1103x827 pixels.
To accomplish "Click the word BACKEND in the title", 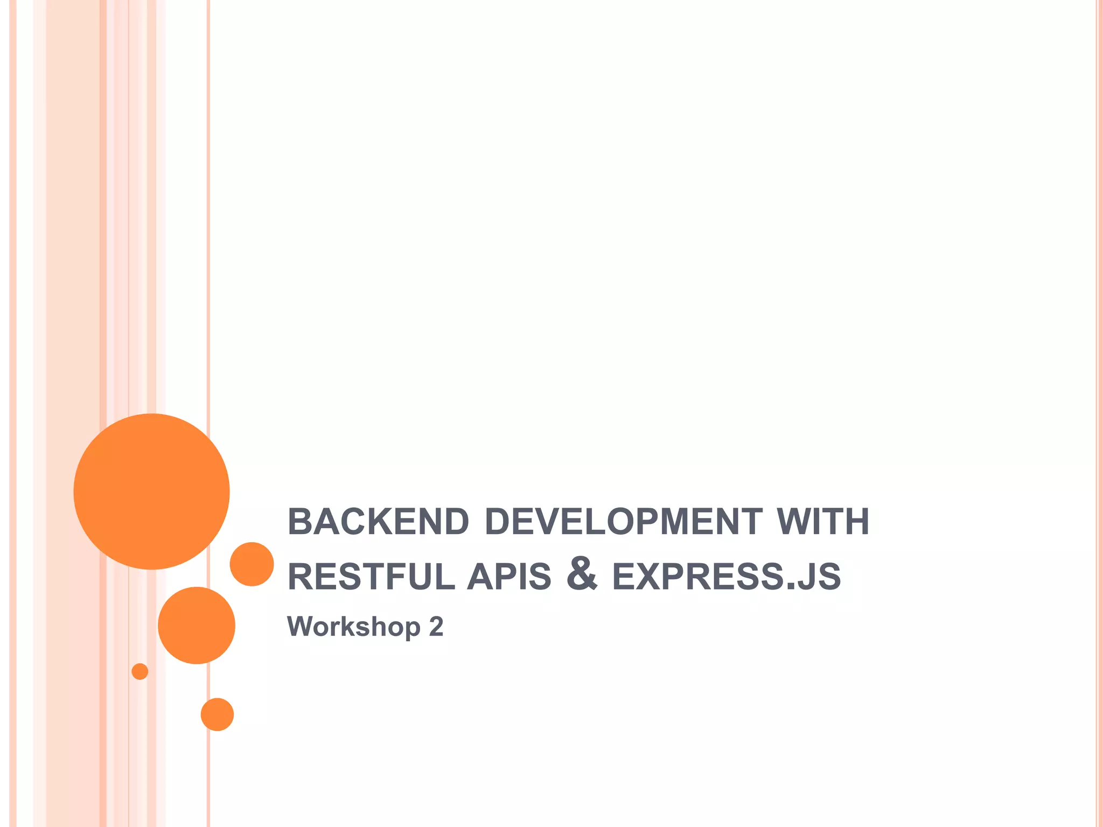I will point(378,522).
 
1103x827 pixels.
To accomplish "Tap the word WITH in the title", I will point(823,522).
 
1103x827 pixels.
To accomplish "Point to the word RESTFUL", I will point(372,577).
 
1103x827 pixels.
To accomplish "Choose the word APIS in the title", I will point(509,577).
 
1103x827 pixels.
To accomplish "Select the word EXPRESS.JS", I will point(727,577).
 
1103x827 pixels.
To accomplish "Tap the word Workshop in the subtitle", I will point(354,627).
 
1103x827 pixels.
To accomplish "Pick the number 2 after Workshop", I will point(436,627).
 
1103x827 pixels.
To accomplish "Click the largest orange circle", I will point(152,492).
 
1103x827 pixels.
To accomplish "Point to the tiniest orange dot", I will point(140,671).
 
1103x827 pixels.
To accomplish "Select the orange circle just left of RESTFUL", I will point(252,564).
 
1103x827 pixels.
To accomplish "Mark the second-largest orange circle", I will point(197,626).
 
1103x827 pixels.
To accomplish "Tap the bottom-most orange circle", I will point(217,714).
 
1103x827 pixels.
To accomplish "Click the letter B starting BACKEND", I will point(301,522).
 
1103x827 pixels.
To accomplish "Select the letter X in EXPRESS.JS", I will point(650,577).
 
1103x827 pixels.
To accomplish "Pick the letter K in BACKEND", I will point(381,522).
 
